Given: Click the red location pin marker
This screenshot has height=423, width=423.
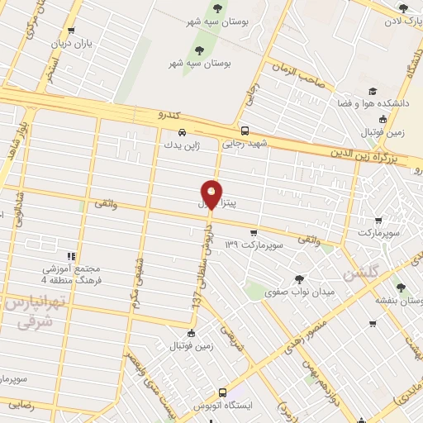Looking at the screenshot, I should tap(212, 193).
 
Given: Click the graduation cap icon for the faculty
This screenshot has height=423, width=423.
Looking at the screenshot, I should tap(373, 91).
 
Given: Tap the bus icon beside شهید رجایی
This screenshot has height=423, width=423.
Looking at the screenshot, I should tap(245, 131).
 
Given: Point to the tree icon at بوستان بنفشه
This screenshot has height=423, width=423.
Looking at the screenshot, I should tap(402, 287).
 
